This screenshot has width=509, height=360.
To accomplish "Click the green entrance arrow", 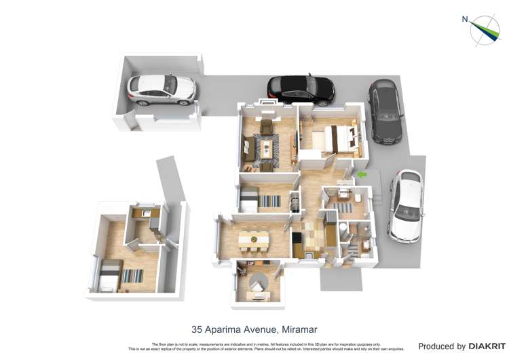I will pyautogui.click(x=362, y=175).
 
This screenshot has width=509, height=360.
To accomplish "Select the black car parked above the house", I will pyautogui.click(x=301, y=88).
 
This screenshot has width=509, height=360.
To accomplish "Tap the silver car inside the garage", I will pyautogui.click(x=162, y=88).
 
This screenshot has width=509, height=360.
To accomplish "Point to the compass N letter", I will pyautogui.click(x=465, y=19).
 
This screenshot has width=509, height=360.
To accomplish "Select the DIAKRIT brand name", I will pyautogui.click(x=487, y=346).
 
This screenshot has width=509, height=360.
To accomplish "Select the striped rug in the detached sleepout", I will pyautogui.click(x=132, y=276).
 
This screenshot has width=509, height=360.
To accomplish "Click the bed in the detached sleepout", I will pyautogui.click(x=109, y=274).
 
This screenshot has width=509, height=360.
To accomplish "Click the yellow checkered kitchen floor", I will pyautogui.click(x=314, y=233).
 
